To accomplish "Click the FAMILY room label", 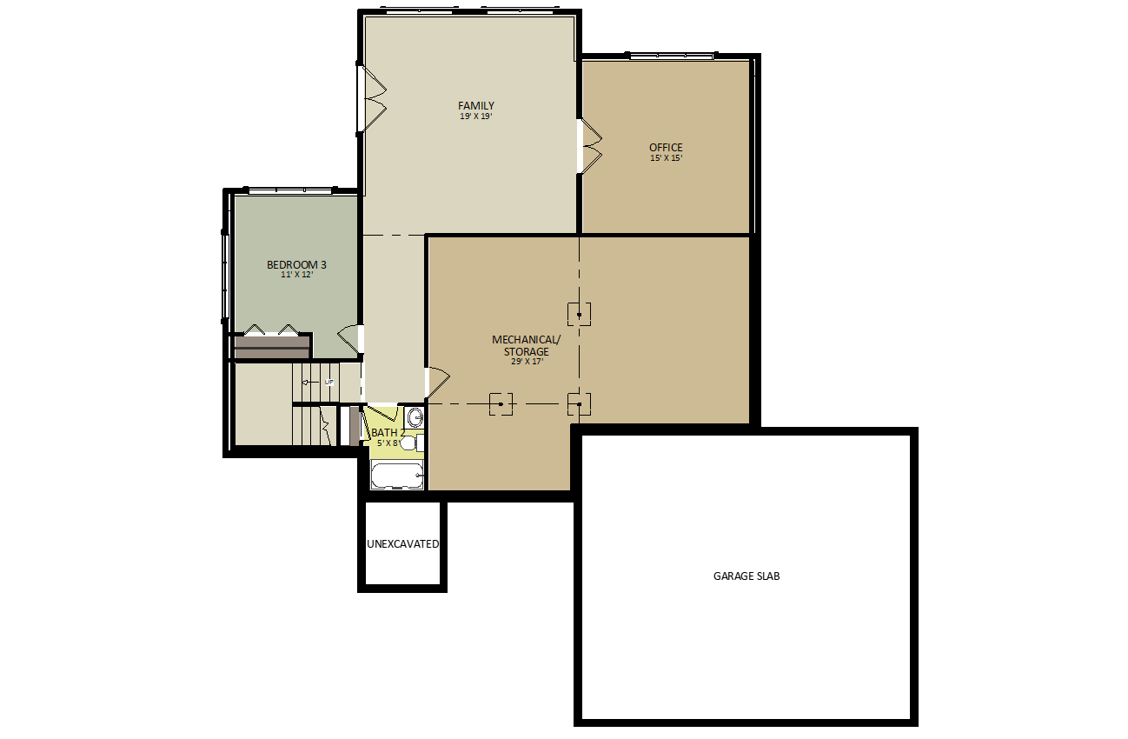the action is pyautogui.click(x=476, y=106).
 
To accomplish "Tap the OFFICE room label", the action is pyautogui.click(x=666, y=148).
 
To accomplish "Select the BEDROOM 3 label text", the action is pyautogui.click(x=296, y=264).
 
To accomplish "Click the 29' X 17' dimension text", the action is pyautogui.click(x=527, y=362).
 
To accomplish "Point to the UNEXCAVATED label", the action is pyautogui.click(x=403, y=544).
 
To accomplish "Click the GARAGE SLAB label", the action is pyautogui.click(x=746, y=576).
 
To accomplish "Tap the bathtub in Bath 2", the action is pyautogui.click(x=397, y=476).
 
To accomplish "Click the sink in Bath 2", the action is pyautogui.click(x=415, y=417).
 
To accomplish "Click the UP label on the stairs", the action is pyautogui.click(x=328, y=383).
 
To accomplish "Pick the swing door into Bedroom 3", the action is pyautogui.click(x=350, y=339).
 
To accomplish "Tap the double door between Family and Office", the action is pyautogui.click(x=590, y=147).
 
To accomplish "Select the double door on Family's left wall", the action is pyautogui.click(x=372, y=99).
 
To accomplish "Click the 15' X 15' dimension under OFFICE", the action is pyautogui.click(x=667, y=157).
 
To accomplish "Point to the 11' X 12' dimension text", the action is pyautogui.click(x=297, y=275).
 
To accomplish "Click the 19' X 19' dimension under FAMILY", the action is pyautogui.click(x=476, y=117).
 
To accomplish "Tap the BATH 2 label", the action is pyautogui.click(x=388, y=433).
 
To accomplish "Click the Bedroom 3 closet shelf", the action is pyautogui.click(x=272, y=348).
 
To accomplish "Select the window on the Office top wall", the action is pyautogui.click(x=671, y=56).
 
